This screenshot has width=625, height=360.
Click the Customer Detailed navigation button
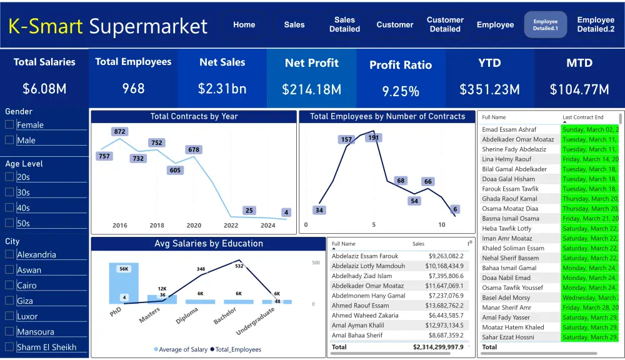click(445, 24)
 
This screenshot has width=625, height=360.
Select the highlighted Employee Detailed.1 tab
click(546, 25)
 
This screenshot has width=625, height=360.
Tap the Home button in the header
click(244, 25)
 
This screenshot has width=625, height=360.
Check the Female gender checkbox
click(9, 124)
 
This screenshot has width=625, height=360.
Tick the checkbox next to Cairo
click(9, 285)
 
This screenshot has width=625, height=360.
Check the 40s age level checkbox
click(9, 207)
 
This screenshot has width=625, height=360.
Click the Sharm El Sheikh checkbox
click(9, 347)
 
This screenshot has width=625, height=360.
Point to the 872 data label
click(120, 131)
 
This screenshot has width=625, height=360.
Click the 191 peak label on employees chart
click(374, 137)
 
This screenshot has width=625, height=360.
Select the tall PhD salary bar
click(124, 283)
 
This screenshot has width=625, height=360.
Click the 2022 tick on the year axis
click(231, 226)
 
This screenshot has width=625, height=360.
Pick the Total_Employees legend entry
click(236, 349)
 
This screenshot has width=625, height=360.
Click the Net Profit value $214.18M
click(311, 89)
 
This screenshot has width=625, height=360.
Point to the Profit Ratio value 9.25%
click(401, 91)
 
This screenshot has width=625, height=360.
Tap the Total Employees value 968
click(133, 89)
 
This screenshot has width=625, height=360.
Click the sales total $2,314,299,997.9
click(438, 347)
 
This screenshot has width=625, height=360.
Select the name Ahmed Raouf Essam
click(360, 306)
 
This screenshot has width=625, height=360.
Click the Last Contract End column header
click(583, 117)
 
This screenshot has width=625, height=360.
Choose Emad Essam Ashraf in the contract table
click(509, 129)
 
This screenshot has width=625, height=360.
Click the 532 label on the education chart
click(239, 266)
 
